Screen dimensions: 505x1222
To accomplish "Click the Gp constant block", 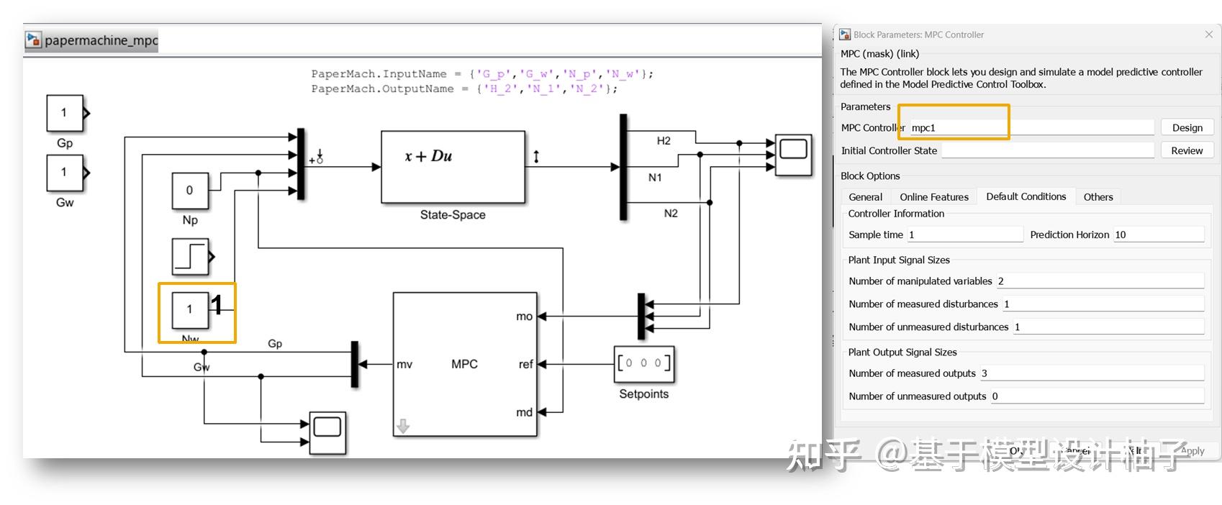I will [x=65, y=113].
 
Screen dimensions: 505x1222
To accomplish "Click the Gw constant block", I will [x=65, y=173].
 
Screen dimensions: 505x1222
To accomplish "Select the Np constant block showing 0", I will [x=190, y=191].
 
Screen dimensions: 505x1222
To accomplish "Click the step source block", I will [x=191, y=257].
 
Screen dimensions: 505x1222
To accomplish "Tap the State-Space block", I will [x=453, y=167].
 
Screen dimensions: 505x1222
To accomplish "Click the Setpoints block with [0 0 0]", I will [x=643, y=364].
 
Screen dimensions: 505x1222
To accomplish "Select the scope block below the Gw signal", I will [x=327, y=432].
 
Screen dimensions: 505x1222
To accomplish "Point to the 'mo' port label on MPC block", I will [x=524, y=317].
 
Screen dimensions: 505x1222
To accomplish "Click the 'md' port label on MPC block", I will [x=524, y=412].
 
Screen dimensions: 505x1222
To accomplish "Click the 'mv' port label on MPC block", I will [x=404, y=365].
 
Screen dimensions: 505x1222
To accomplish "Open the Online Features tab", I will [x=933, y=197].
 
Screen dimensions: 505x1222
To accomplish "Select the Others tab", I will [x=1097, y=197].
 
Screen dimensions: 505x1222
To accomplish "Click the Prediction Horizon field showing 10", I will [x=1158, y=235].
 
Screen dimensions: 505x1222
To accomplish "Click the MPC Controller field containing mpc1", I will [x=1031, y=128].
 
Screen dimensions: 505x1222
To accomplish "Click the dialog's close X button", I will [x=1208, y=35].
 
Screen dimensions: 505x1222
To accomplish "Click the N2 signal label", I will [x=670, y=214].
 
